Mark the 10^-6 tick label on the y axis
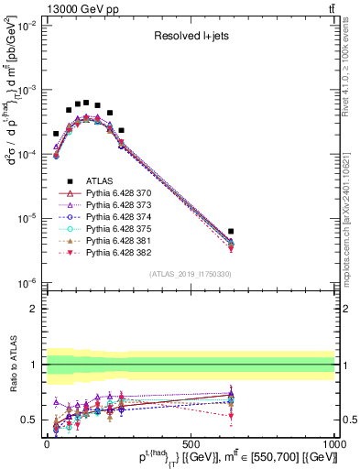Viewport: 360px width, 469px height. (x=26, y=283)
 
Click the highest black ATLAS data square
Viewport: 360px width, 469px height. (x=86, y=103)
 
